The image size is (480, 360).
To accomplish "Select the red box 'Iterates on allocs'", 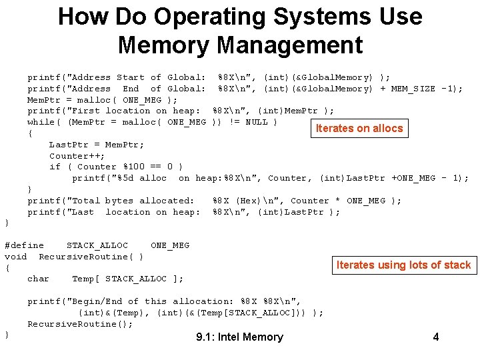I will (359, 128).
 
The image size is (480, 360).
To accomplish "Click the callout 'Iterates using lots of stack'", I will (403, 265).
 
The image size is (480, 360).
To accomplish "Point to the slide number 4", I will (436, 337).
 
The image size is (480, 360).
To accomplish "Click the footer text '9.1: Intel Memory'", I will (239, 337).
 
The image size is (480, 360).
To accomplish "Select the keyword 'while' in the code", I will (41, 122).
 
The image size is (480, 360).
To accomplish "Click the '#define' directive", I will (24, 245).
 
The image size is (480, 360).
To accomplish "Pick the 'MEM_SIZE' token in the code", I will (413, 89).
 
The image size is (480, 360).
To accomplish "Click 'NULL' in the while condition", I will (257, 122).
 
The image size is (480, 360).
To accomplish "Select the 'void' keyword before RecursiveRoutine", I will (15, 257).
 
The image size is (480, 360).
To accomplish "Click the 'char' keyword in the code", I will (38, 279).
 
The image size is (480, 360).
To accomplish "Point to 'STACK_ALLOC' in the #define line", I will (97, 245).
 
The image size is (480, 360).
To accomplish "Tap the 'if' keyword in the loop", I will (55, 167).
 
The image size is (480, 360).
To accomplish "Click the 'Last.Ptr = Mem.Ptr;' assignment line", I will (96, 145).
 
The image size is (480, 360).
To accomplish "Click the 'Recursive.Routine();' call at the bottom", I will (80, 324).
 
